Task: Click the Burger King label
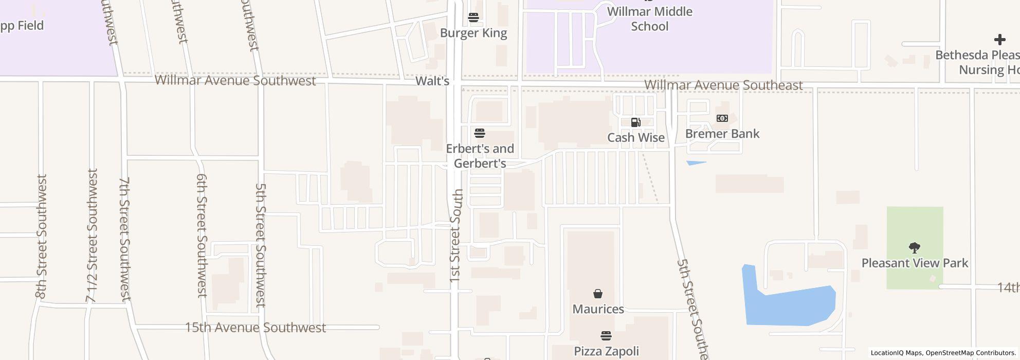click(473, 33)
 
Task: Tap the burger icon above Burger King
click(473, 17)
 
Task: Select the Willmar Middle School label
click(649, 19)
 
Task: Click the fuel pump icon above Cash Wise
click(636, 122)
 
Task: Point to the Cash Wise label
click(636, 137)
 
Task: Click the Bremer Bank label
click(722, 134)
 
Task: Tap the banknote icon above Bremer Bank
click(722, 119)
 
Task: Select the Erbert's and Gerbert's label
click(480, 156)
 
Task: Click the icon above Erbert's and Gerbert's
click(480, 134)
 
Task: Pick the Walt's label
click(432, 81)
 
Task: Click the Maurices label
click(598, 309)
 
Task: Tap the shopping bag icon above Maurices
click(598, 294)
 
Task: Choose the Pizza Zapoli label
click(606, 351)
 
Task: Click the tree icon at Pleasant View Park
click(914, 248)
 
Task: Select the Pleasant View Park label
click(915, 263)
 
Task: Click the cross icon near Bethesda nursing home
click(999, 40)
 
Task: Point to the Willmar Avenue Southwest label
click(235, 80)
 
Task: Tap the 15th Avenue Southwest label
click(255, 328)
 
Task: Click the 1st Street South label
click(456, 236)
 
